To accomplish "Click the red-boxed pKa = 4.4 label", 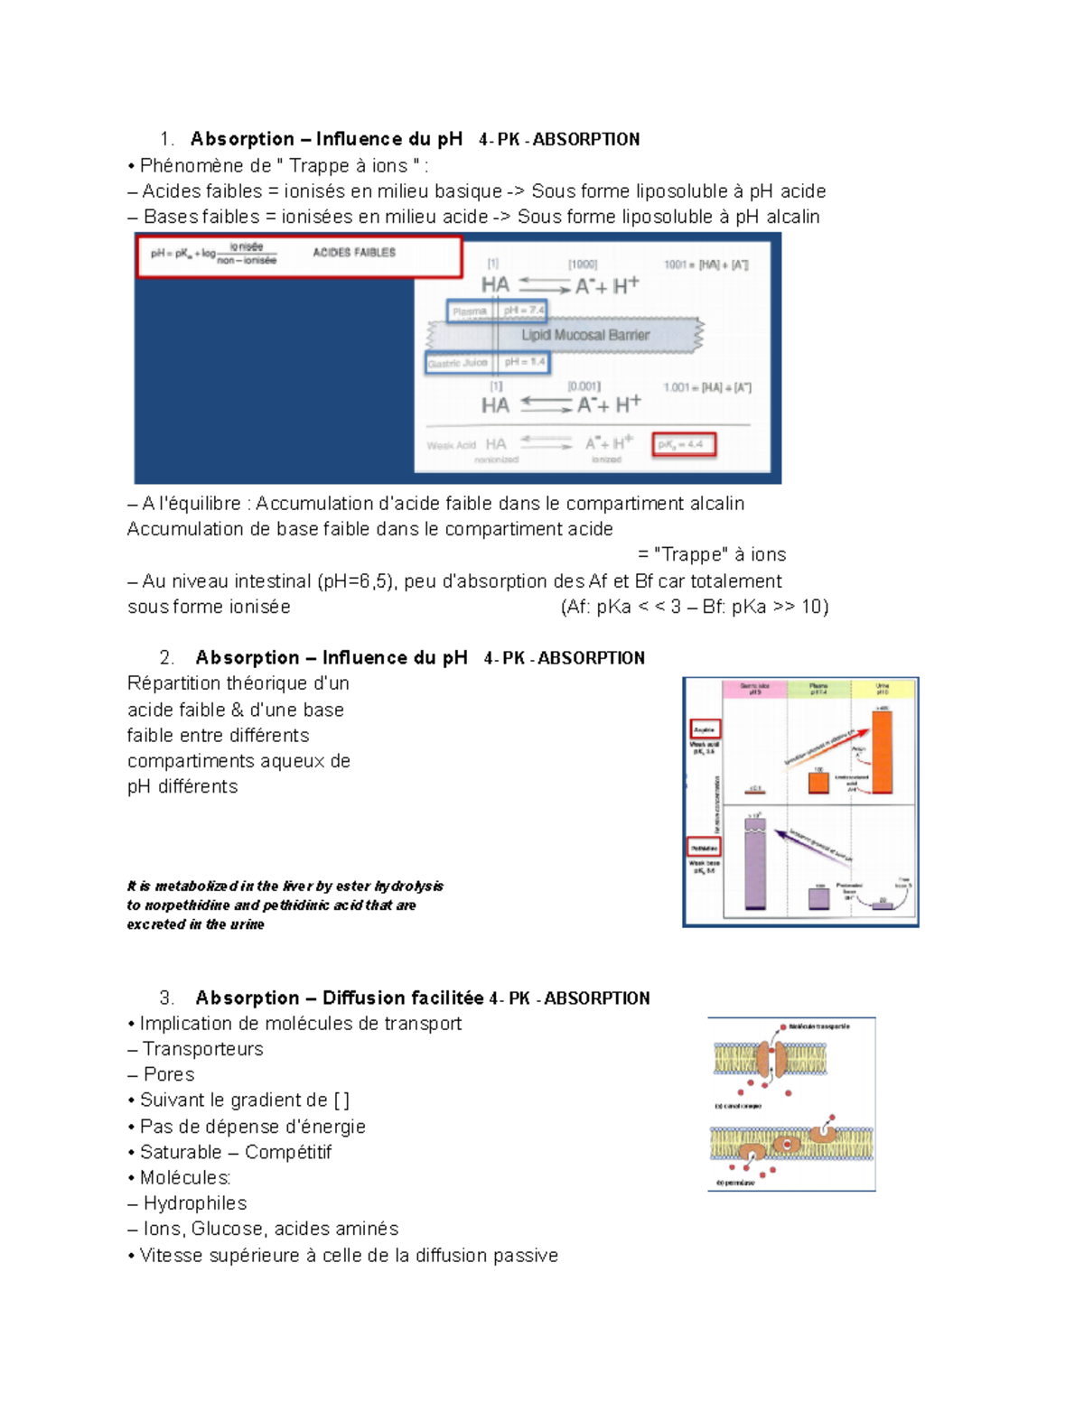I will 685,444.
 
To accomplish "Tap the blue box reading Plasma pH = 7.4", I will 498,311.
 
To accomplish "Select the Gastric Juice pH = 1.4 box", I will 487,363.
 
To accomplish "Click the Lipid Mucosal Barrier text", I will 585,335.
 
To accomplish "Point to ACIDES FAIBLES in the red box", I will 354,253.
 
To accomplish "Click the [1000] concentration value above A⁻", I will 583,265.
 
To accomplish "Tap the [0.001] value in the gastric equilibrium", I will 584,386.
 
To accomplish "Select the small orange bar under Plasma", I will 818,784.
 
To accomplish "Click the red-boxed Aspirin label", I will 705,729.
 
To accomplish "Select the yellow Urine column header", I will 883,689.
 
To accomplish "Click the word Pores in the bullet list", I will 169,1075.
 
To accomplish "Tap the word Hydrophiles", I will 195,1203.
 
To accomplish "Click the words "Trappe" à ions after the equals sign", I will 720,555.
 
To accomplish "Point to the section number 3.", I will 166,998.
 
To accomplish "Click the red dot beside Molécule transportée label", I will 783,1027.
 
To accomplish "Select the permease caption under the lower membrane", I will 736,1183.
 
